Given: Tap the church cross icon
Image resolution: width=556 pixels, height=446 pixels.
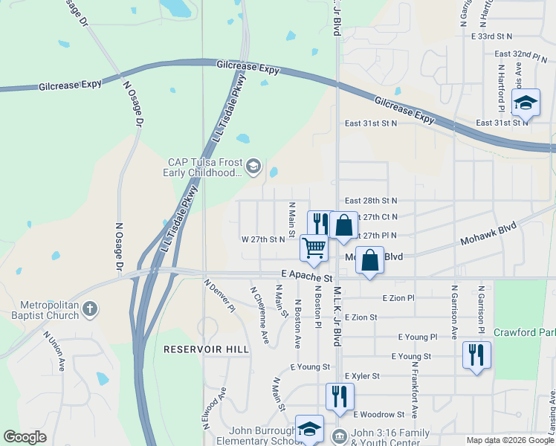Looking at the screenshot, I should [89, 308].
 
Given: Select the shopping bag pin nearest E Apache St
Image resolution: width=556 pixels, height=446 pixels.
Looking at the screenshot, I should [369, 261].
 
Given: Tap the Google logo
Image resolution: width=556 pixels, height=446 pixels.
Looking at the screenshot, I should [25, 437].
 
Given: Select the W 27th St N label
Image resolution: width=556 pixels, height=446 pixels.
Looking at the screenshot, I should [264, 239].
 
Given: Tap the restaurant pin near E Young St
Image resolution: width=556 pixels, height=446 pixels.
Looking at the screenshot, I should [476, 355].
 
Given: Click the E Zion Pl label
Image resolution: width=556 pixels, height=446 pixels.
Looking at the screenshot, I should [398, 297].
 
